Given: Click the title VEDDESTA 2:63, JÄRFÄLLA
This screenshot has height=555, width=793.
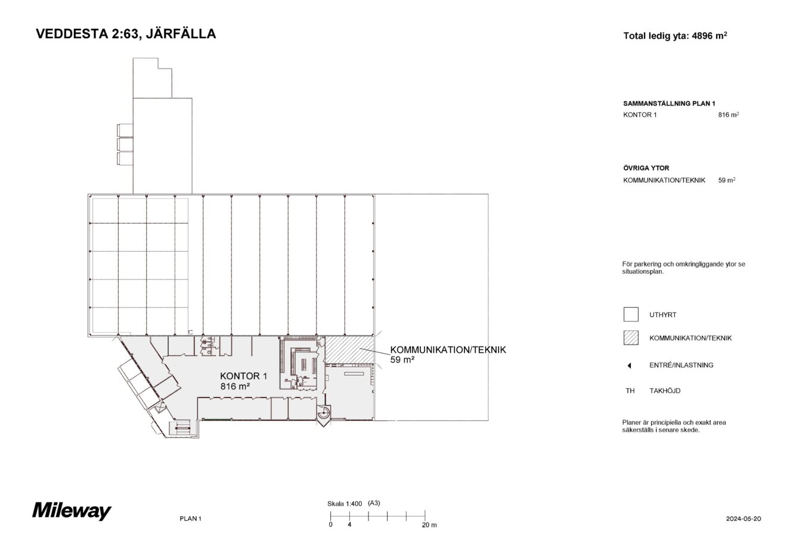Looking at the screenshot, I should (x=126, y=34).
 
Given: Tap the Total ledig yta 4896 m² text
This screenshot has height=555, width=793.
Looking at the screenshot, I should (x=674, y=36).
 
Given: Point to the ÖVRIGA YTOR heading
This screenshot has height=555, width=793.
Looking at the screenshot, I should (x=646, y=168).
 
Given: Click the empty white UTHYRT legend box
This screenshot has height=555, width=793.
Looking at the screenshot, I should (x=630, y=314).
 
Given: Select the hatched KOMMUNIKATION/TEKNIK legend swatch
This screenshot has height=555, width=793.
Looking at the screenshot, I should (x=630, y=338).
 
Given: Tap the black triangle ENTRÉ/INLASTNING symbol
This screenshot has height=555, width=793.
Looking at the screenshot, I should (x=630, y=365).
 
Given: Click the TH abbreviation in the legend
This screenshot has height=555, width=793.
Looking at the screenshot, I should (x=630, y=391).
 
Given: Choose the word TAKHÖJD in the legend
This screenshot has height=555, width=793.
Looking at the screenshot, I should (x=664, y=391).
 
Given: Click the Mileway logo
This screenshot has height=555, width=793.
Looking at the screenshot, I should (x=72, y=511).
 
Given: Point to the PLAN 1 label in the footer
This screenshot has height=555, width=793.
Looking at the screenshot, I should (x=190, y=519).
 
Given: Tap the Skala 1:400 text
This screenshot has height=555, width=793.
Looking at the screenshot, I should (x=345, y=503).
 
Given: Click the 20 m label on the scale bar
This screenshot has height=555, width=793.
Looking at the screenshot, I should (x=429, y=525).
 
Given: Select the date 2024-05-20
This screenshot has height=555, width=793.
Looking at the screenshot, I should (x=744, y=519).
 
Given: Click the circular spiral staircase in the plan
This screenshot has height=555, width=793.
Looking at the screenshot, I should (x=323, y=412).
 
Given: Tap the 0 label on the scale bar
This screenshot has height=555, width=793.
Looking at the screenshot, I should (x=330, y=525).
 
